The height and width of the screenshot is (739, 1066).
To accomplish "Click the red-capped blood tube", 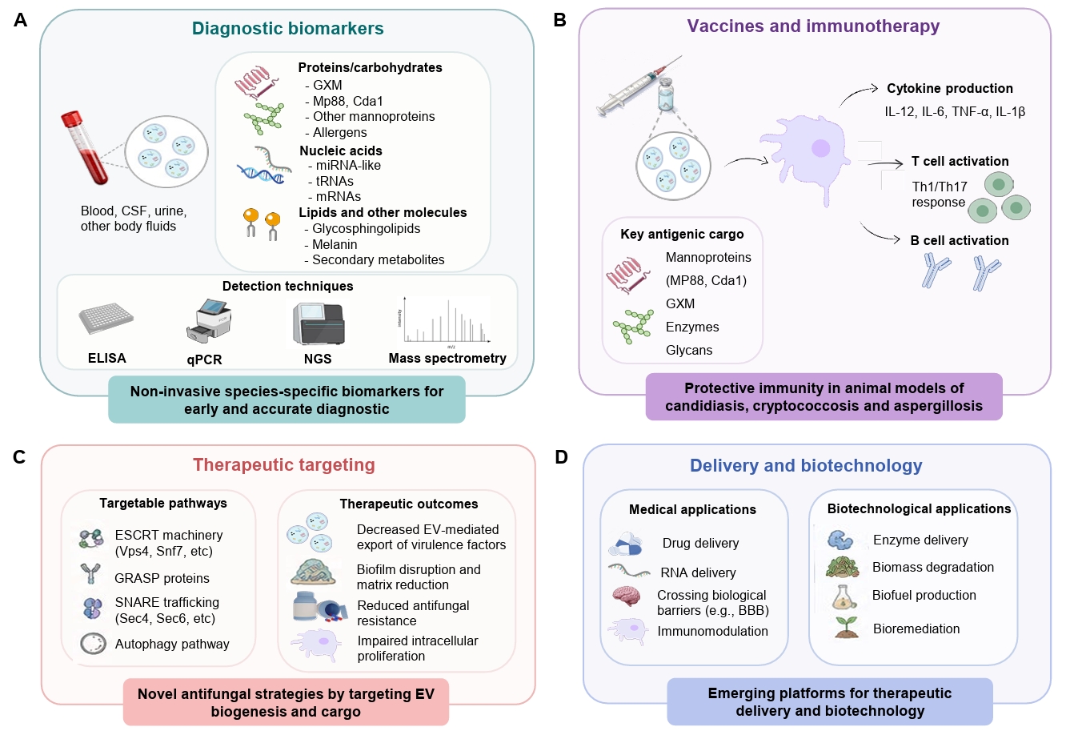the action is point(85,147).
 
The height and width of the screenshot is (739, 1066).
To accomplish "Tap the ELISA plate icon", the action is point(106,318).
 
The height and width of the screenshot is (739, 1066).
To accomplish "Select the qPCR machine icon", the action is point(209,320).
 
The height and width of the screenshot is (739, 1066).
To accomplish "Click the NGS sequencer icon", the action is point(319,323).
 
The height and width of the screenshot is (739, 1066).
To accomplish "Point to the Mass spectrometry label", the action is point(447,358).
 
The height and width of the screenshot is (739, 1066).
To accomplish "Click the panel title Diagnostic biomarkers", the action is point(287,29).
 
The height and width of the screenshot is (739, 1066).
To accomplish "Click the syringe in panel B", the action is point(639,86).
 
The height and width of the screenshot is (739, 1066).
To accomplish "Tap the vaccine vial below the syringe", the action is point(666,94).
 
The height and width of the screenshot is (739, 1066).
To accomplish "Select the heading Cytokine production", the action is point(949,89).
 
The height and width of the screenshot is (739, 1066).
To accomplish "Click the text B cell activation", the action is point(960,240).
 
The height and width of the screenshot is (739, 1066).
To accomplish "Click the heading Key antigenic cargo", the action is point(682,235).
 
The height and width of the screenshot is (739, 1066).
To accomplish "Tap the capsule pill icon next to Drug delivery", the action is point(626,544).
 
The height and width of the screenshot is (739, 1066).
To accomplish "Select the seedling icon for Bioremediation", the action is point(846,627).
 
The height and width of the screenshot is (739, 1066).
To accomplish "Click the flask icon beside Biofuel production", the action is point(844,597).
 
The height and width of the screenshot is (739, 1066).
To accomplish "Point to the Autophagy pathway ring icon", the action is point(94,643).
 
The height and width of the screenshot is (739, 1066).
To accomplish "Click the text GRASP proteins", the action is point(162,578).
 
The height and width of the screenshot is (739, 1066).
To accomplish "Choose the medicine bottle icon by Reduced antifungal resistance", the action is point(306,605).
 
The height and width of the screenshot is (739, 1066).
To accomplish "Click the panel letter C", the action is point(19,457).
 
